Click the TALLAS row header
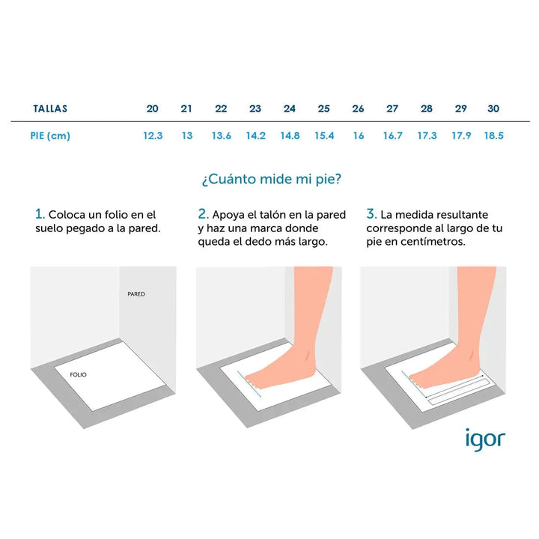point(50,109)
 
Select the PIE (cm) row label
point(50,135)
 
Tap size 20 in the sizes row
point(152,109)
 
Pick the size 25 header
point(324,109)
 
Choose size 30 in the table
point(493,109)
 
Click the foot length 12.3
point(153,135)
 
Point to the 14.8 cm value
point(290,135)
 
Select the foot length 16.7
point(392,135)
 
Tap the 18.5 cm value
point(493,135)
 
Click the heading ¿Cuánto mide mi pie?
point(272,179)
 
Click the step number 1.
point(40,214)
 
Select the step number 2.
point(203,214)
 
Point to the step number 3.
point(371,214)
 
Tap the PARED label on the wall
point(136,294)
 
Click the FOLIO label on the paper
point(78,374)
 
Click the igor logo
point(485,439)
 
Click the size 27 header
point(392,109)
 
